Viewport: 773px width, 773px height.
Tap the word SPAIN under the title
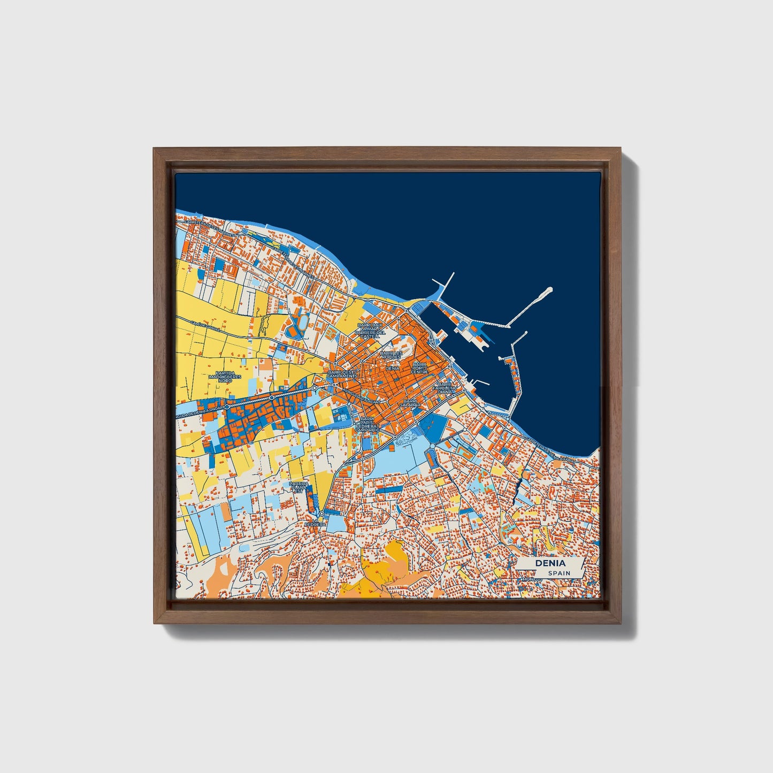pos(558,573)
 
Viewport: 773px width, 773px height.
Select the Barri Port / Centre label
pos(420,368)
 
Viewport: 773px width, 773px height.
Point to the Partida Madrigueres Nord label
pos(225,376)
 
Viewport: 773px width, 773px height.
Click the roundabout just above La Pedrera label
pos(321,513)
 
